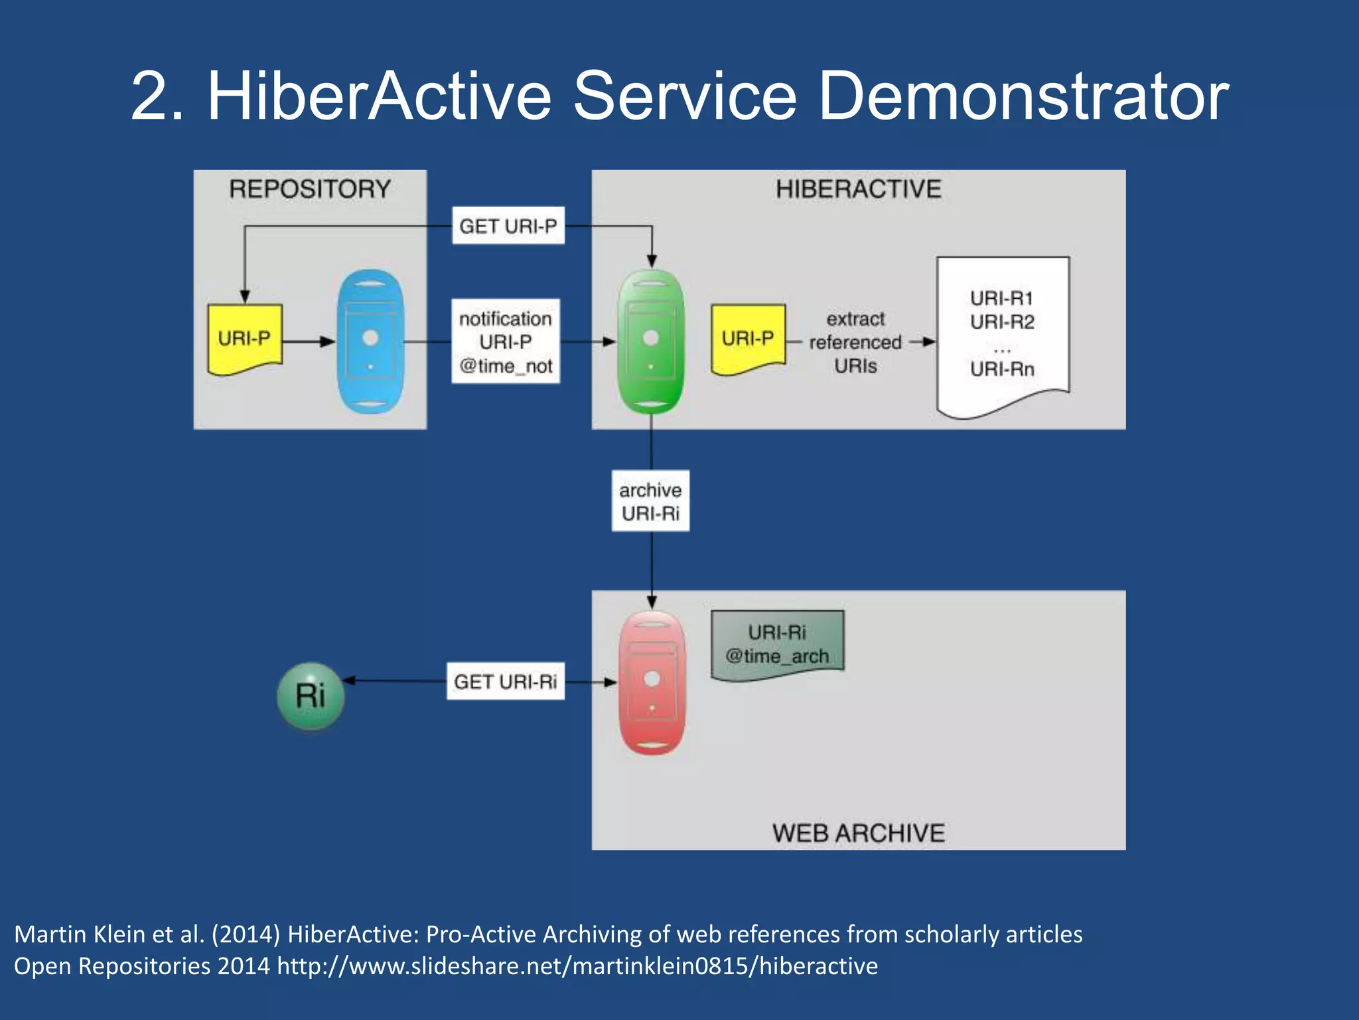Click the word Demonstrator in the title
pyautogui.click(x=1023, y=98)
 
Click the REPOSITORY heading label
pyautogui.click(x=310, y=189)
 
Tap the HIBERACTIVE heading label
pyautogui.click(x=858, y=189)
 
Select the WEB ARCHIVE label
pyautogui.click(x=858, y=833)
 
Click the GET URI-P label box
pyautogui.click(x=508, y=226)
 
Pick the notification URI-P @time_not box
pyautogui.click(x=506, y=341)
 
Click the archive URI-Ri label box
pyautogui.click(x=650, y=501)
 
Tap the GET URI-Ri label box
pyautogui.click(x=505, y=681)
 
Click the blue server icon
pyautogui.click(x=370, y=341)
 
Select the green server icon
pyautogui.click(x=651, y=341)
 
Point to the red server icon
pyautogui.click(x=652, y=683)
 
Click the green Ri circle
pyautogui.click(x=310, y=696)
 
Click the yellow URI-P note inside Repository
pyautogui.click(x=244, y=339)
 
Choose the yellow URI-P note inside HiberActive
pyautogui.click(x=748, y=339)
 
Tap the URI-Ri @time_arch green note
pyautogui.click(x=777, y=644)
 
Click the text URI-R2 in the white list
pyautogui.click(x=1002, y=323)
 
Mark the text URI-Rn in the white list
pyautogui.click(x=1002, y=369)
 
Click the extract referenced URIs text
pyautogui.click(x=855, y=343)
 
